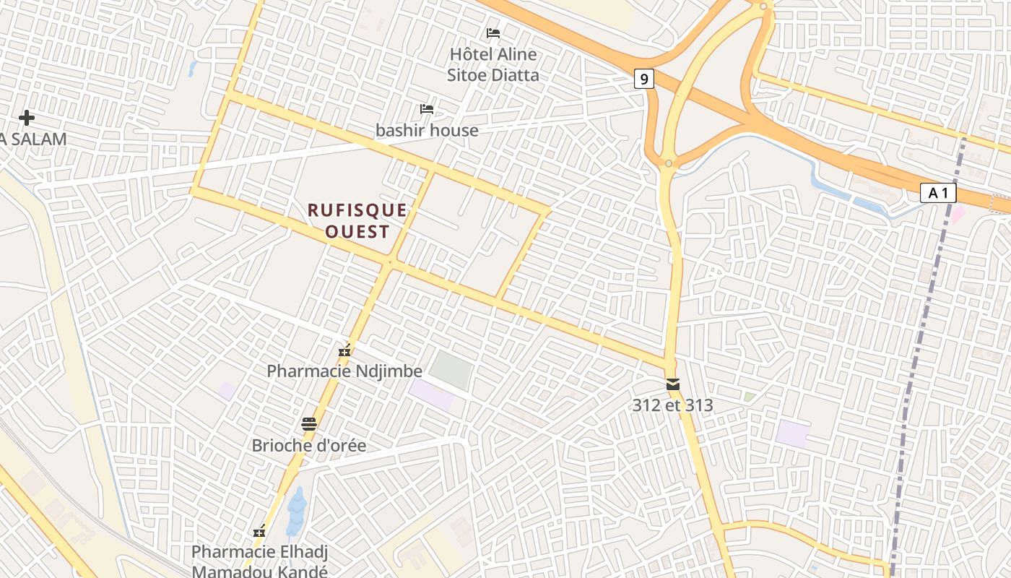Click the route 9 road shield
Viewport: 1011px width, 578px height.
point(643,78)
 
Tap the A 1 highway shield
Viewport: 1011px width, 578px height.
point(938,193)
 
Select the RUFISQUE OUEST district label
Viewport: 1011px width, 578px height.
point(357,220)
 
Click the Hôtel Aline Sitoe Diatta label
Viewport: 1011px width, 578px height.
point(493,64)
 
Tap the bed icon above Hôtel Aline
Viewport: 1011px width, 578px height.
point(493,33)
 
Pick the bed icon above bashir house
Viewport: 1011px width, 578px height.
point(427,109)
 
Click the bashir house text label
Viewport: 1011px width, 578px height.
point(427,130)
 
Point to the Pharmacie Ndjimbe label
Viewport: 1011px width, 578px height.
point(344,371)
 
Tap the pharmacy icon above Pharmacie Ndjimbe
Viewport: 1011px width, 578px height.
point(344,351)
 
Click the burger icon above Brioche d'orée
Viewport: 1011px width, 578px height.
point(309,424)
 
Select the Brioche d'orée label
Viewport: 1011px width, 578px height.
point(309,445)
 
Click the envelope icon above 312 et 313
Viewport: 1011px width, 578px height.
point(673,384)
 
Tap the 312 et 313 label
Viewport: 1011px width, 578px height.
point(673,405)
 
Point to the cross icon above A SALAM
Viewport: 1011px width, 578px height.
point(27,117)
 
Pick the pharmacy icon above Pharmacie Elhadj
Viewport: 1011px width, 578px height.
point(259,532)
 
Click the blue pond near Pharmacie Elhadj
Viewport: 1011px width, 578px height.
point(296,512)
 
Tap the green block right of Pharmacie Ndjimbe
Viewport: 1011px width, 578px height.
point(451,369)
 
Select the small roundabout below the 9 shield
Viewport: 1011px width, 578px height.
point(669,163)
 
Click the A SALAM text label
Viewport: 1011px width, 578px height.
point(33,139)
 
